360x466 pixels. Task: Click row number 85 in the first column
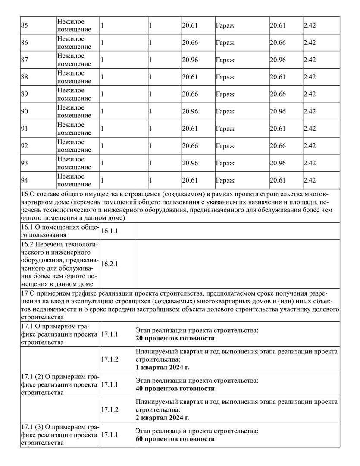click(x=24, y=25)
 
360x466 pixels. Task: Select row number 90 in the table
click(x=24, y=112)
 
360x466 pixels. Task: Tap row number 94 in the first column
click(x=24, y=181)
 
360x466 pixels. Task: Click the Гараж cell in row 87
click(x=225, y=60)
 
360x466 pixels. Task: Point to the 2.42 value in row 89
click(x=310, y=94)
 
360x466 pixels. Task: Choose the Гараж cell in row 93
click(x=225, y=164)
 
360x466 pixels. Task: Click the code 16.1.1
click(x=110, y=231)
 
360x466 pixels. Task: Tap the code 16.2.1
click(x=110, y=264)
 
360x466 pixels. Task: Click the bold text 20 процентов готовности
click(x=175, y=338)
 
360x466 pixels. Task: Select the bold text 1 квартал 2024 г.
click(x=163, y=368)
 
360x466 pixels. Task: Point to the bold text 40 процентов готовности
click(x=175, y=389)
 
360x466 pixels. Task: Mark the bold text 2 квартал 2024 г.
click(x=163, y=418)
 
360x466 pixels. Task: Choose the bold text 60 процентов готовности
click(x=175, y=439)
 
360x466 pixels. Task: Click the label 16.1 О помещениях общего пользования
click(x=59, y=231)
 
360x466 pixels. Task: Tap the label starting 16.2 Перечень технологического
click(x=59, y=264)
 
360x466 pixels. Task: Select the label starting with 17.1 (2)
click(x=59, y=384)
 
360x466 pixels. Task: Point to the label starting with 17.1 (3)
click(x=59, y=435)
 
